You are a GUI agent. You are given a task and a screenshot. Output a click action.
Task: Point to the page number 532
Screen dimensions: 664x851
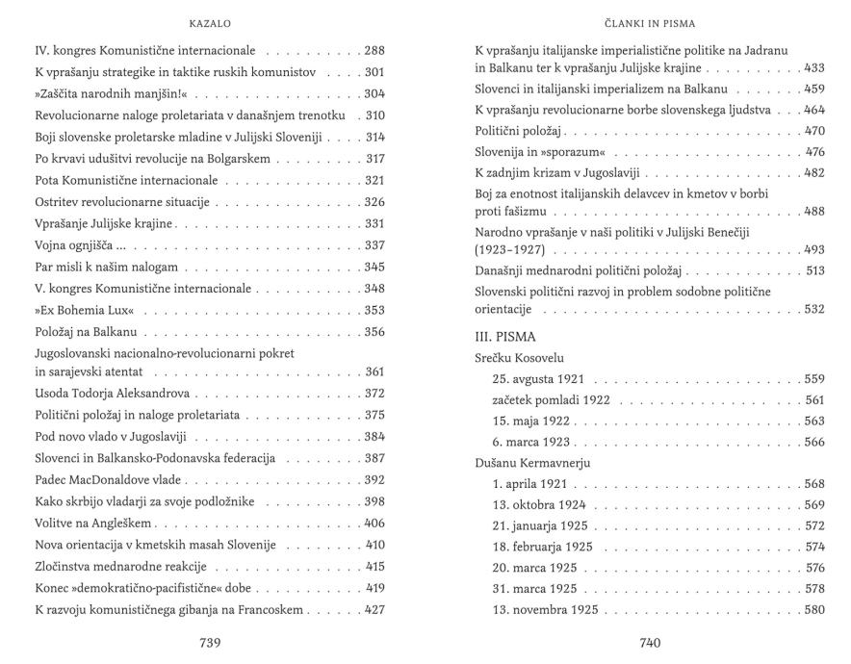coord(814,309)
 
